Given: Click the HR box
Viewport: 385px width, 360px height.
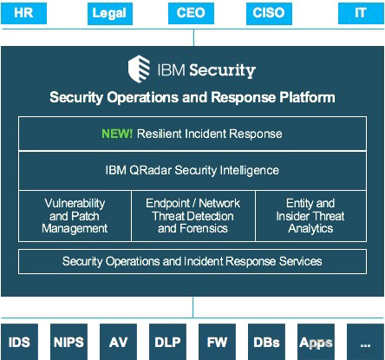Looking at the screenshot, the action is (23, 13).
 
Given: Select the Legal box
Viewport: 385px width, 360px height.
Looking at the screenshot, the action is (110, 14).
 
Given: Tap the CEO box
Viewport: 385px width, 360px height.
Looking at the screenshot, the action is (191, 13).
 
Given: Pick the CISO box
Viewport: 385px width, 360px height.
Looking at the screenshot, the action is (269, 14).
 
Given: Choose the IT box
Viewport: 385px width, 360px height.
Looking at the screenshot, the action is (361, 13).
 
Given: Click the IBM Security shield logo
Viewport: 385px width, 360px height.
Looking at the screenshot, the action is (139, 69).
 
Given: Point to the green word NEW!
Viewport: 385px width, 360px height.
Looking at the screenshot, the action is (117, 134).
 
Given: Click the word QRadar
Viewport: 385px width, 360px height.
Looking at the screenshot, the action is (150, 170).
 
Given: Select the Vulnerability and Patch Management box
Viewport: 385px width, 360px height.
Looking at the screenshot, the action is (75, 216).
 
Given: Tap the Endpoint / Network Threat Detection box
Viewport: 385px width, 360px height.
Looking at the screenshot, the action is (193, 216).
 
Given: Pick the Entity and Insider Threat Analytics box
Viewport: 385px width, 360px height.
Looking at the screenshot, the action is (311, 216).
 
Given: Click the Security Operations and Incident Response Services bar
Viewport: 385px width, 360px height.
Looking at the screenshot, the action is (192, 261).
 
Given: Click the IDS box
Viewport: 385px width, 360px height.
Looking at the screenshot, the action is (19, 342).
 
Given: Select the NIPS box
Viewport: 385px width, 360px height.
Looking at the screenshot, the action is (69, 342).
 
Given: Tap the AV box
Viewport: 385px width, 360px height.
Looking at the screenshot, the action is (118, 342).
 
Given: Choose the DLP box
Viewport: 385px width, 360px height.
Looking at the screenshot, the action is (167, 342).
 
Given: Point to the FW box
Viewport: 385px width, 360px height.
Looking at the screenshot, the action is (217, 342).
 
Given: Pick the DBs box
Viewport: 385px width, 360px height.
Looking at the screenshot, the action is (266, 342).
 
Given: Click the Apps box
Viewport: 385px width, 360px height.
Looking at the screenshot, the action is (316, 342).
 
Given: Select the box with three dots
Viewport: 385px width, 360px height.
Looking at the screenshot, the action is (365, 342).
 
